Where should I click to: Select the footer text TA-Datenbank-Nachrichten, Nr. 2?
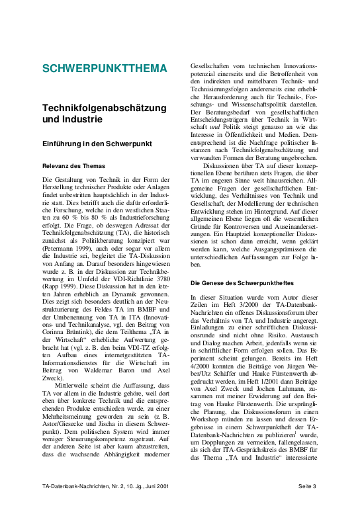[80, 487]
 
